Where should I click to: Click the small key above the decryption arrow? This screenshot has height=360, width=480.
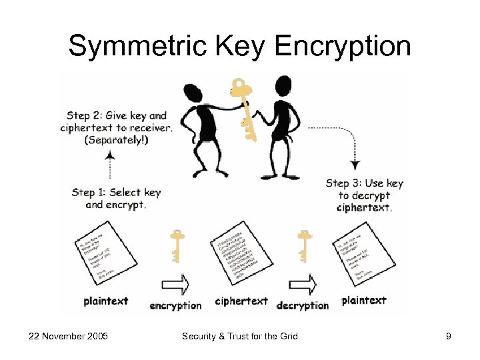tap(305, 245)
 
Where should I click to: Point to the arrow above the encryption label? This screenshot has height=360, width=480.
tap(176, 285)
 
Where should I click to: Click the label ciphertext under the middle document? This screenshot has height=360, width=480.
tap(241, 301)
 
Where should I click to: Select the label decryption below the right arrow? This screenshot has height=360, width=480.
tap(303, 305)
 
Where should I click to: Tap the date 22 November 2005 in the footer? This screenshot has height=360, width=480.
tap(69, 336)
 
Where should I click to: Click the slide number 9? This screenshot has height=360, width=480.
tap(449, 336)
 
